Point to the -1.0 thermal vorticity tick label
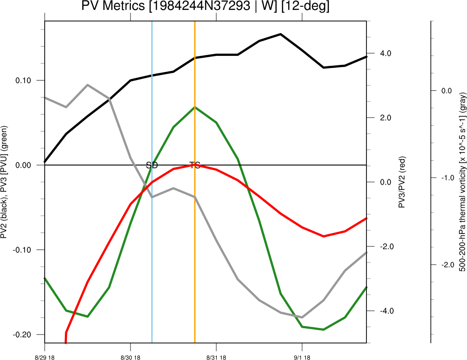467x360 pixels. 448,178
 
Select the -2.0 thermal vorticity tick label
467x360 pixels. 448,265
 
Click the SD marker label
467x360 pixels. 152,165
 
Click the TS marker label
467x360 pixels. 195,165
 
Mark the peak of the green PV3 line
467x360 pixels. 195,107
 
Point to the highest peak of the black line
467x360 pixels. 280,34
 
